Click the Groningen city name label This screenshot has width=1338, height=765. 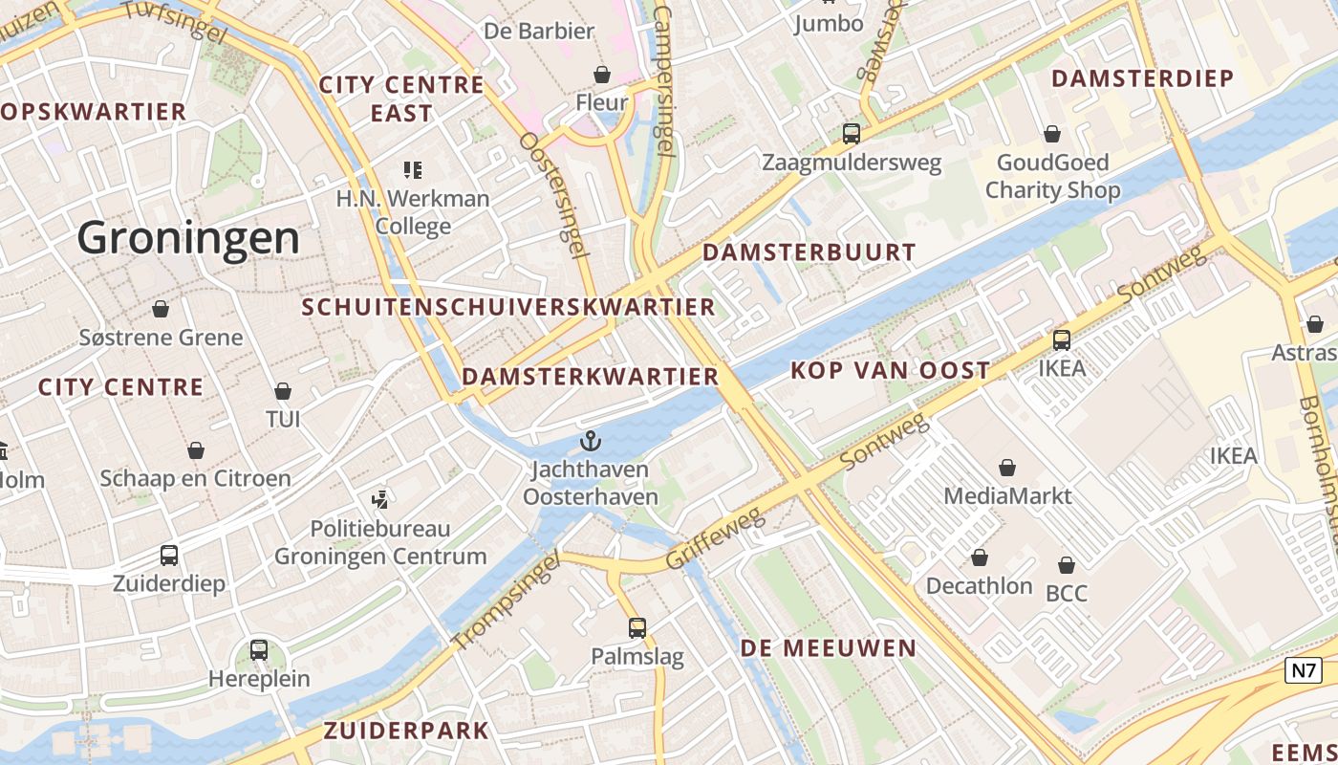(x=188, y=237)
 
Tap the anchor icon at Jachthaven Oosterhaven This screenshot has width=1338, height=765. (x=591, y=441)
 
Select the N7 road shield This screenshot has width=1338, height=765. (x=1304, y=670)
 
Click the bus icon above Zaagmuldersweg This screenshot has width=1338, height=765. (x=851, y=134)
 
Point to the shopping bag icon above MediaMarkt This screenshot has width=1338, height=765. (x=1006, y=468)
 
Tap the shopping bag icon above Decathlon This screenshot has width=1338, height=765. (x=980, y=557)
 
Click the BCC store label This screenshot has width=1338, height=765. (x=1066, y=593)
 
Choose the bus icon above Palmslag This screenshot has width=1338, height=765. (x=637, y=628)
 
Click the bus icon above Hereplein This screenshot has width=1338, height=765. (x=259, y=650)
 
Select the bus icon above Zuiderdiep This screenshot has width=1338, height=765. (x=169, y=555)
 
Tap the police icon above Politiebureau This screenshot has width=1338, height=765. (x=380, y=499)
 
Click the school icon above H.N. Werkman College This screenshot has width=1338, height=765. (x=413, y=170)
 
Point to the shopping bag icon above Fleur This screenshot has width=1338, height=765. (x=602, y=74)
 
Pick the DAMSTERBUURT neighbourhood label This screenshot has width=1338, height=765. (x=809, y=252)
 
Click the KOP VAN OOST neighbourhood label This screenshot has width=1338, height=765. (x=890, y=370)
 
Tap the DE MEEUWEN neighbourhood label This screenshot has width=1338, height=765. (x=828, y=647)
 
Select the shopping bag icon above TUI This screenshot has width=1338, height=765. (x=283, y=391)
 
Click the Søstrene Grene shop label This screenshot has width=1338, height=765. (x=161, y=338)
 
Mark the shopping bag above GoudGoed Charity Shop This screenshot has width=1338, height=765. (x=1052, y=134)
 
